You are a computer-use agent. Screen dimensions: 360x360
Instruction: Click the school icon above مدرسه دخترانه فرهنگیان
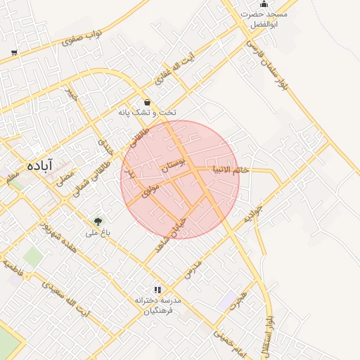(157, 289)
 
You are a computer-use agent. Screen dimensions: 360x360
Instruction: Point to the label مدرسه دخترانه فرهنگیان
(158, 305)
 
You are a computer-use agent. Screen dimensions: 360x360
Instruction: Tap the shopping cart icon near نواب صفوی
(14, 53)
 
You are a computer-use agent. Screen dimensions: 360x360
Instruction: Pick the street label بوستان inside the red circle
(174, 167)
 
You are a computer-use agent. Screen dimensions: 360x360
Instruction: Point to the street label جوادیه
(252, 214)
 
